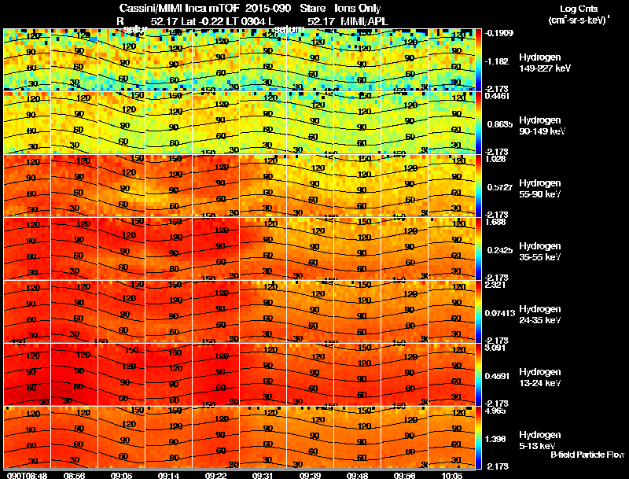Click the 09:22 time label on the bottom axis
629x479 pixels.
pyautogui.click(x=215, y=475)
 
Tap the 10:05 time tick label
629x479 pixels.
pyautogui.click(x=451, y=475)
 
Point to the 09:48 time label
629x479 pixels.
pyautogui.click(x=357, y=475)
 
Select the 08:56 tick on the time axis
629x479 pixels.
pyautogui.click(x=74, y=475)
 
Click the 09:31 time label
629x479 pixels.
pyautogui.click(x=263, y=475)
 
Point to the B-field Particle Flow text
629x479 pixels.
pyautogui.click(x=587, y=455)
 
